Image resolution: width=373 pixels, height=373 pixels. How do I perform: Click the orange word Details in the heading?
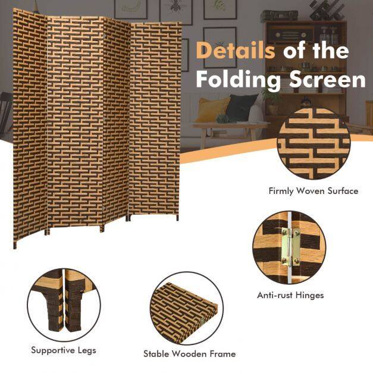tap(236, 51)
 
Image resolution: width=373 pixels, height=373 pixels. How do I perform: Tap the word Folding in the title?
tap(240, 80)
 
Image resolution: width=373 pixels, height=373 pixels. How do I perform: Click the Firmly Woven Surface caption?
tap(314, 191)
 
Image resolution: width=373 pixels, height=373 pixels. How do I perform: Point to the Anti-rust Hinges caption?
tap(290, 295)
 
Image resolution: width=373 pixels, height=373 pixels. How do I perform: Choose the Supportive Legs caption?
tap(64, 350)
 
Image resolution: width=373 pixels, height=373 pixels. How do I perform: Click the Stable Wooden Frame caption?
tap(190, 354)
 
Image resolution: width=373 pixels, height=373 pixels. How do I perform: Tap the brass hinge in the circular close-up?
tap(290, 247)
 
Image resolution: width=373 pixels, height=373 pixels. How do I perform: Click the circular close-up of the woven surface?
tap(314, 144)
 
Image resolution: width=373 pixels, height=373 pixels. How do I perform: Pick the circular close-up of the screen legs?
tap(64, 305)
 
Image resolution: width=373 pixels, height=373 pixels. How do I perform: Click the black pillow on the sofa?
tap(241, 108)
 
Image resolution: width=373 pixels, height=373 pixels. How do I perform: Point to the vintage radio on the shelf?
tap(289, 35)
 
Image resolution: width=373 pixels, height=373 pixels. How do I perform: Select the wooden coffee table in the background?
tap(230, 133)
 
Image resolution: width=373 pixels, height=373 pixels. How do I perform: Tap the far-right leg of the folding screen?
tap(177, 217)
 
